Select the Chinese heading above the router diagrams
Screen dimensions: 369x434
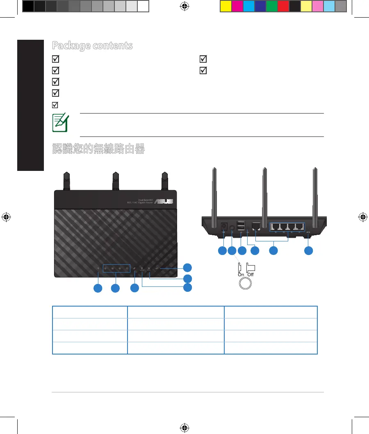coord(98,148)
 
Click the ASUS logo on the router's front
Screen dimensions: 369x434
coord(163,201)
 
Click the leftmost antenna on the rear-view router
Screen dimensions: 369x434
coord(214,193)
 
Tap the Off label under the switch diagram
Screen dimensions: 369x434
coord(250,275)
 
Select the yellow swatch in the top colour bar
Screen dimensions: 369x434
coord(225,6)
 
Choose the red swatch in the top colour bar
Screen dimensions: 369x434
coord(283,6)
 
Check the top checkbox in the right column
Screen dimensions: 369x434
coord(203,59)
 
